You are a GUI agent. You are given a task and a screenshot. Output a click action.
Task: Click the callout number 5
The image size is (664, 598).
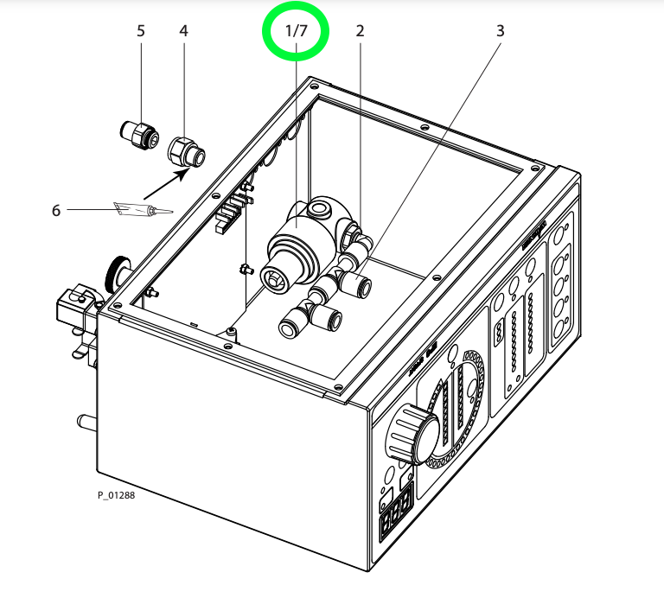141,30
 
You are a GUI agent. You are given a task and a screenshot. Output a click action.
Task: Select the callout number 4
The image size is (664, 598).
183,30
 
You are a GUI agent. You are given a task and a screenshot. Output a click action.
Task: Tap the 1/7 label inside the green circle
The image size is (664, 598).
296,30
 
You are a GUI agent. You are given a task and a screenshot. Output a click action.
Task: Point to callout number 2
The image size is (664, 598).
360,30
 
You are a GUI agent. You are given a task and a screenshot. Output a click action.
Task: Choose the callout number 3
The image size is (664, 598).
500,30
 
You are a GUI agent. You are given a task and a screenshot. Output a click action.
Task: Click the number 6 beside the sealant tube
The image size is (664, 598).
56,210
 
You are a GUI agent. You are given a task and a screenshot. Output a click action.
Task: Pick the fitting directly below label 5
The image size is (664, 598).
138,134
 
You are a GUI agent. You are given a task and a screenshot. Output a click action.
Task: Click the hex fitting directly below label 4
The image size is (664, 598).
186,150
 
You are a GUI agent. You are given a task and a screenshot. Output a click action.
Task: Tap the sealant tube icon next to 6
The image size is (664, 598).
143,209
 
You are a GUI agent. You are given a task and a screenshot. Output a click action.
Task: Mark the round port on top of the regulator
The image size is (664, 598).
323,208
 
